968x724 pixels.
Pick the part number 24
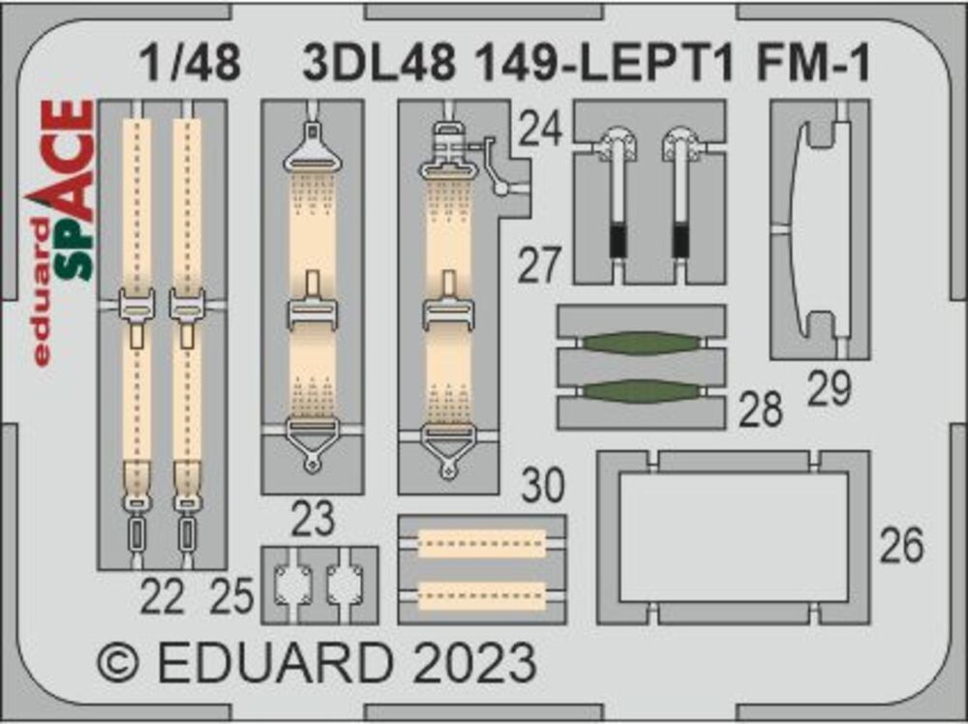tap(539, 128)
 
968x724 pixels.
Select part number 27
tap(539, 265)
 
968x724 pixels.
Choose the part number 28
tap(760, 410)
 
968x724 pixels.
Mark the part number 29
tap(829, 389)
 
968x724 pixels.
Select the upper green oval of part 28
tap(641, 344)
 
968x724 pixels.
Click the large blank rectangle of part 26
tap(733, 537)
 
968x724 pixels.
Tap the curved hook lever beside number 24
tap(499, 169)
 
